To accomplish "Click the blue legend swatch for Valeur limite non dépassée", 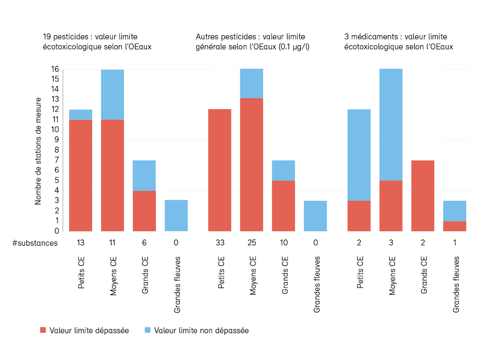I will click(x=147, y=330).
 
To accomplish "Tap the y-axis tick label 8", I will click(x=56, y=150).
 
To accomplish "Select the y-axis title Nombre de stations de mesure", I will click(x=39, y=151).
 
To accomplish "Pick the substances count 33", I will click(x=220, y=243).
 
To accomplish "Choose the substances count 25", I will click(x=251, y=243).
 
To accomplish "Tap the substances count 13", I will click(x=81, y=243).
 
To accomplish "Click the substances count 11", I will click(x=112, y=243).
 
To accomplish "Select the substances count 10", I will click(x=283, y=243).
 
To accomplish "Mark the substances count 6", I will click(x=145, y=243).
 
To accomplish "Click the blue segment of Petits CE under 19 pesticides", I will click(x=81, y=114).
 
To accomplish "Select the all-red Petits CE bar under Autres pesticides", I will click(x=220, y=170).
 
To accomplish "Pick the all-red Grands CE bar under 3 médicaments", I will click(x=423, y=195).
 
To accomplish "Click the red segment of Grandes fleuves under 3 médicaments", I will click(x=455, y=226).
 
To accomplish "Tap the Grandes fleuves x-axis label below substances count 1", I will click(x=456, y=284).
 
